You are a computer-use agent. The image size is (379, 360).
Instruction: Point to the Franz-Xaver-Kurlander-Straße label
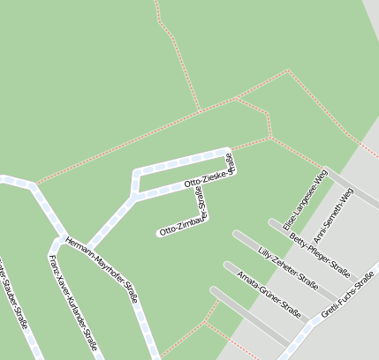tap(73, 301)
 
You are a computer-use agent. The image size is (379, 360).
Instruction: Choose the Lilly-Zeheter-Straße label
tap(287, 267)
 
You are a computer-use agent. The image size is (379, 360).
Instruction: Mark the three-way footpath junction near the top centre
tap(201, 111)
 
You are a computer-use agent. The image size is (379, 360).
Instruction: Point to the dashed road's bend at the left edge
tap(33, 185)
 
